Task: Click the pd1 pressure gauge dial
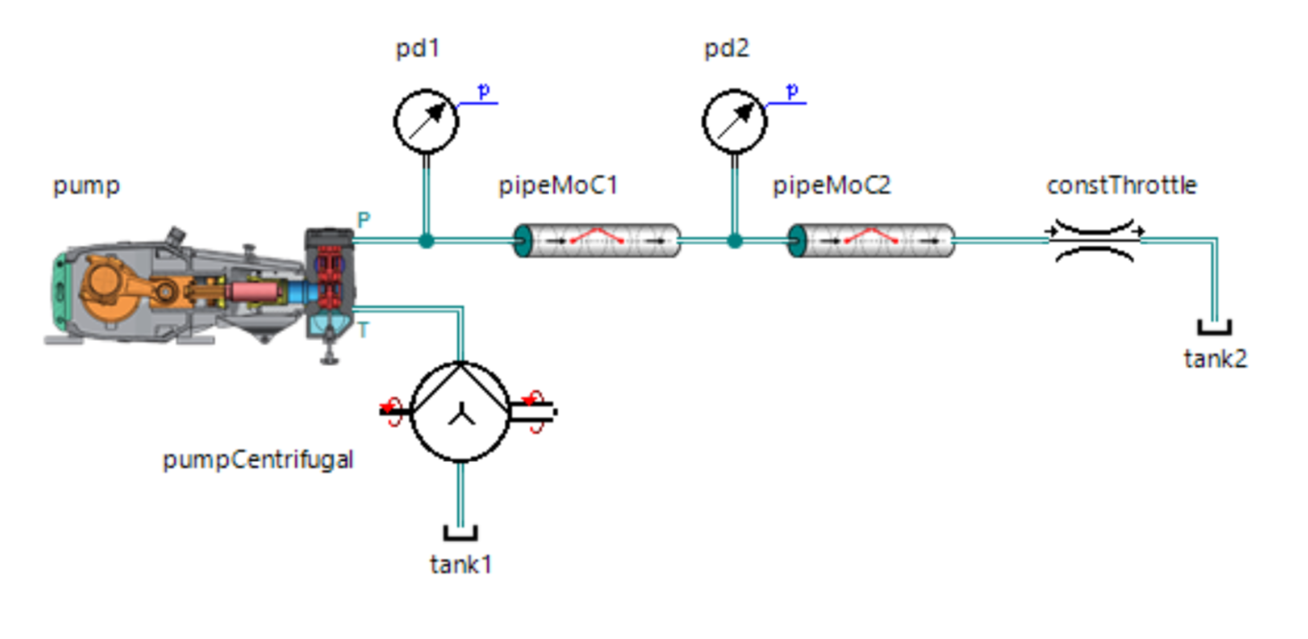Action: coord(426,122)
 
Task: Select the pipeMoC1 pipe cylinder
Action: coord(597,241)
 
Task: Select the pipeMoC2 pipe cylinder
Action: coord(871,241)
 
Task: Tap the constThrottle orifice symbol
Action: coord(1095,240)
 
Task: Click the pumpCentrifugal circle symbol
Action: coord(460,412)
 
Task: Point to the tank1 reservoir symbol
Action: coord(460,533)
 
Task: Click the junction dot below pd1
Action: coord(426,241)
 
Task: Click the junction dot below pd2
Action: coord(734,241)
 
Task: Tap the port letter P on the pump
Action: coord(363,220)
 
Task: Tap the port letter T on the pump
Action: coord(363,331)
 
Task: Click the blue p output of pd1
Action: coord(484,92)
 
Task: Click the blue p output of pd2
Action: coord(792,92)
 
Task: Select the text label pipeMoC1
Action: coord(558,186)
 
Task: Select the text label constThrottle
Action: coord(1121,186)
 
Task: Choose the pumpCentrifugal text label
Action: coord(257,460)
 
